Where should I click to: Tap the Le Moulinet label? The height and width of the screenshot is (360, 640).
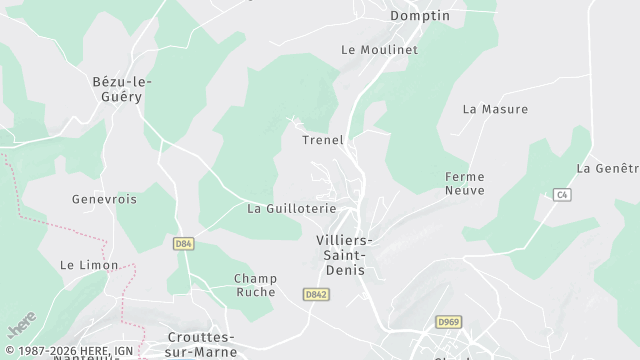coord(379,49)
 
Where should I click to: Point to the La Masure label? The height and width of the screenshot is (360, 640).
coord(495,108)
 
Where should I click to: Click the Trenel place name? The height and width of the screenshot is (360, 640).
coord(323,140)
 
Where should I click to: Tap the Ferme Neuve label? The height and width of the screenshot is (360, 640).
coord(464,183)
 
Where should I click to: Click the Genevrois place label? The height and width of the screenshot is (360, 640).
coord(104,199)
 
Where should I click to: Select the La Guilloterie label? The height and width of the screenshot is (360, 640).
coord(292,209)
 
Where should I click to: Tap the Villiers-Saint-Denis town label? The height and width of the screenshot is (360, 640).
coord(344,255)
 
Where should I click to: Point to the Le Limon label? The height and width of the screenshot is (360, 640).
coord(89,265)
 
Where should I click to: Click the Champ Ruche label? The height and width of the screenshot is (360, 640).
coord(255,285)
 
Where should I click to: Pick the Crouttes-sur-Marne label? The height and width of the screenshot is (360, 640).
coord(201,344)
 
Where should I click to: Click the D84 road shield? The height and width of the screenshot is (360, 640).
coord(182,243)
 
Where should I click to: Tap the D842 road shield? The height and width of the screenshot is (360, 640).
coord(316,294)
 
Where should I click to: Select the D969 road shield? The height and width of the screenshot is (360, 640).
coord(447,321)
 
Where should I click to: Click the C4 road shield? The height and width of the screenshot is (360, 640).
coord(562,194)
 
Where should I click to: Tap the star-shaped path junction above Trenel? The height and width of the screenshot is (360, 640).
coord(294,121)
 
